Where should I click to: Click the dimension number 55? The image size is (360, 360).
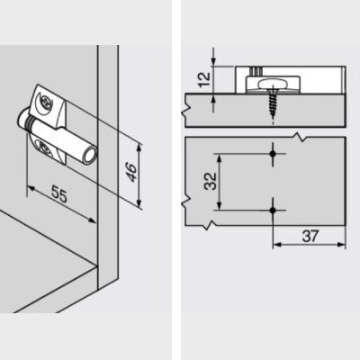click(x=59, y=194)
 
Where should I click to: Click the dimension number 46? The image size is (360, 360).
click(x=131, y=172)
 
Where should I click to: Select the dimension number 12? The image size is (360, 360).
click(x=204, y=79)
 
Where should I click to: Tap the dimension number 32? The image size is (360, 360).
click(x=211, y=181)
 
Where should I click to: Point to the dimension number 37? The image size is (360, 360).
click(x=310, y=236)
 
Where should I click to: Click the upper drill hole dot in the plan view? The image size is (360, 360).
click(x=273, y=154)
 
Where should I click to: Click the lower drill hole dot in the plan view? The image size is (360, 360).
click(x=273, y=211)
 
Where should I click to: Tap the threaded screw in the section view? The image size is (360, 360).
click(x=273, y=102)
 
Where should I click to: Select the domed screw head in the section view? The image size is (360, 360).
click(x=269, y=84)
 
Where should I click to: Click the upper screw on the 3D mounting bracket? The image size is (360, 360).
click(x=45, y=103)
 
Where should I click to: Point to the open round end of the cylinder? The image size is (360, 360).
click(x=91, y=156)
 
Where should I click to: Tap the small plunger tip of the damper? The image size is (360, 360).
click(x=22, y=118)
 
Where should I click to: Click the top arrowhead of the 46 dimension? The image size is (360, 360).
click(x=139, y=148)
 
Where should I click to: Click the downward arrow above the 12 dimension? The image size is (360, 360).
click(x=213, y=60)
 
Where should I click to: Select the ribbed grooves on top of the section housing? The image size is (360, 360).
click(x=256, y=71)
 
